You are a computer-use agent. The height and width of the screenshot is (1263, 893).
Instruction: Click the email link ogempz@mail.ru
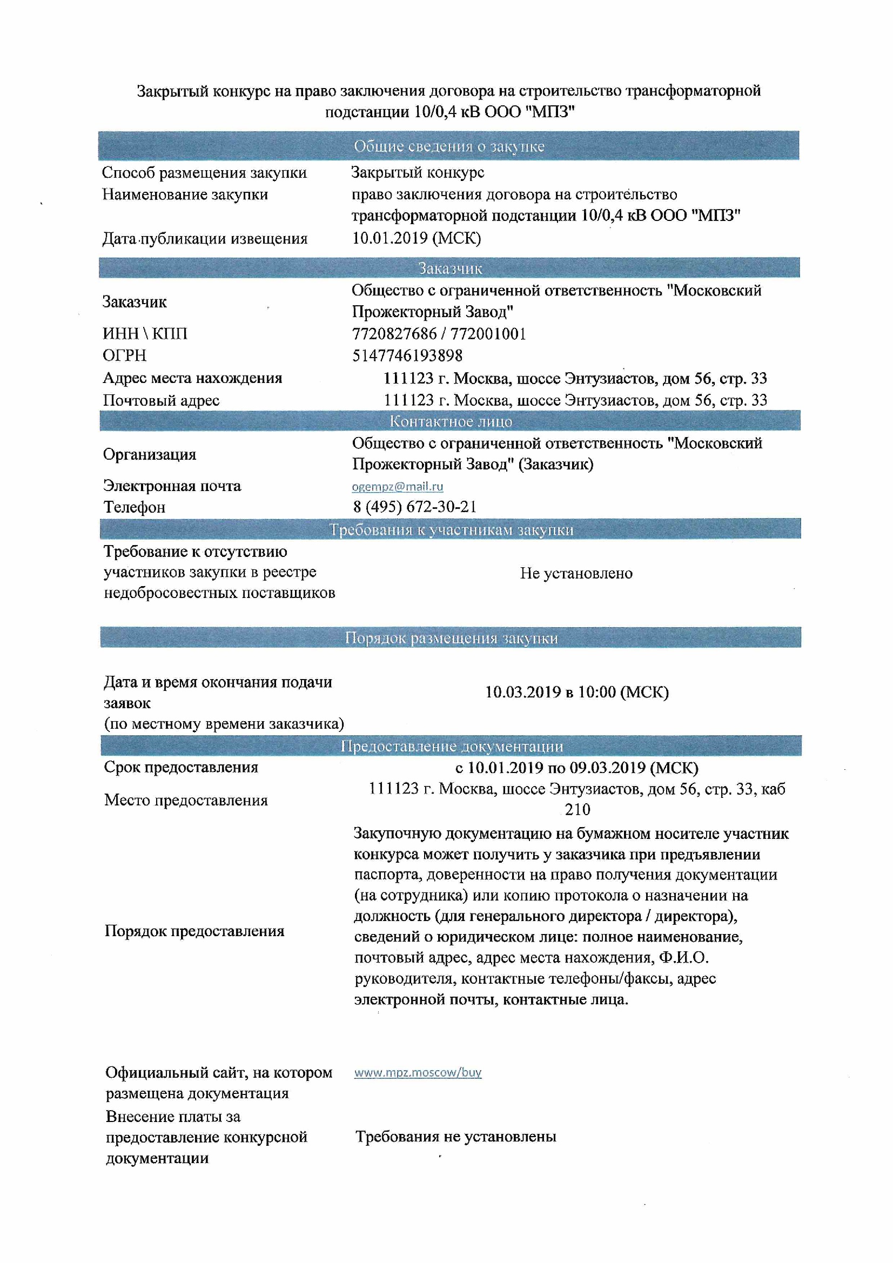pyautogui.click(x=397, y=486)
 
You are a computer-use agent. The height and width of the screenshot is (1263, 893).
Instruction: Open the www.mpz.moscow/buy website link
pyautogui.click(x=418, y=1072)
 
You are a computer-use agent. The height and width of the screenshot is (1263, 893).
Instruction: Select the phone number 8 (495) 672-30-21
pyautogui.click(x=414, y=507)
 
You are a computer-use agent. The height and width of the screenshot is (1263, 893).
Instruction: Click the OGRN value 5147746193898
pyautogui.click(x=407, y=355)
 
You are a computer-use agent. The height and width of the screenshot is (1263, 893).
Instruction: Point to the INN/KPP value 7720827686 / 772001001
pyautogui.click(x=439, y=333)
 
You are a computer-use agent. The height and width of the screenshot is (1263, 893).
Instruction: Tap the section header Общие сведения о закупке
pyautogui.click(x=448, y=146)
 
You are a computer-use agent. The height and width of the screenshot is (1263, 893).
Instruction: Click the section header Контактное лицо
pyautogui.click(x=450, y=421)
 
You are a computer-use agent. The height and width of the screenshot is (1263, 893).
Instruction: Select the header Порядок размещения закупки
pyautogui.click(x=451, y=637)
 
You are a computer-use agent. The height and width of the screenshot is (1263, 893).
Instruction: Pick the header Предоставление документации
pyautogui.click(x=451, y=746)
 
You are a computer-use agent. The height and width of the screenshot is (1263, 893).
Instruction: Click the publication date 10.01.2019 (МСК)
pyautogui.click(x=416, y=238)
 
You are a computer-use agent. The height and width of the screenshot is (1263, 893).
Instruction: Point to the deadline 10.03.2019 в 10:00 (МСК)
pyautogui.click(x=576, y=692)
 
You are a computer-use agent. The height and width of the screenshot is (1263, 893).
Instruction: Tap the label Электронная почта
pyautogui.click(x=172, y=486)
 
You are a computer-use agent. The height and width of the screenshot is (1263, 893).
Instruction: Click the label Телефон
pyautogui.click(x=135, y=507)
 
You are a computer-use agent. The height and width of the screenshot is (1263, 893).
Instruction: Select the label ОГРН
pyautogui.click(x=124, y=355)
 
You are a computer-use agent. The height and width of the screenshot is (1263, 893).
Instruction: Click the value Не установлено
pyautogui.click(x=576, y=573)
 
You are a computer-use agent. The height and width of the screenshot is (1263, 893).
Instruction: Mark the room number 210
pyautogui.click(x=577, y=809)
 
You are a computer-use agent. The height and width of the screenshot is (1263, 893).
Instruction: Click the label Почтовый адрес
pyautogui.click(x=161, y=400)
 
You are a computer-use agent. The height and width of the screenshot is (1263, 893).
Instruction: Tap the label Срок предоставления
pyautogui.click(x=181, y=767)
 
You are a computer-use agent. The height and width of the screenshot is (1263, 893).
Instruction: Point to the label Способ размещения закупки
pyautogui.click(x=204, y=173)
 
